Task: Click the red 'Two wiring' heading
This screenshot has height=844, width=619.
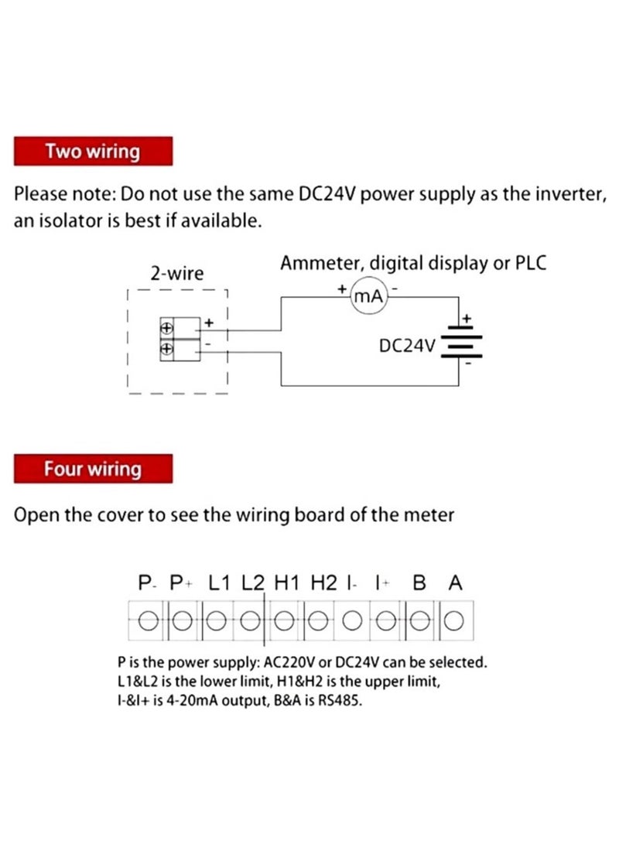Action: [x=92, y=151]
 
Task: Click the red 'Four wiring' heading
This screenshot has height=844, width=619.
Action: [x=92, y=469]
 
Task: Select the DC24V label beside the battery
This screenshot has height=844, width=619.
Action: [x=408, y=345]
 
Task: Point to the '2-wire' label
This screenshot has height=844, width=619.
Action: [x=176, y=273]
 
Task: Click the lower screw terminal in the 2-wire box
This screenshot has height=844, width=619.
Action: [x=166, y=349]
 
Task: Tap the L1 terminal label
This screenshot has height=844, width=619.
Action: [x=221, y=583]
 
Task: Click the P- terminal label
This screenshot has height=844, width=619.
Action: [x=147, y=583]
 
